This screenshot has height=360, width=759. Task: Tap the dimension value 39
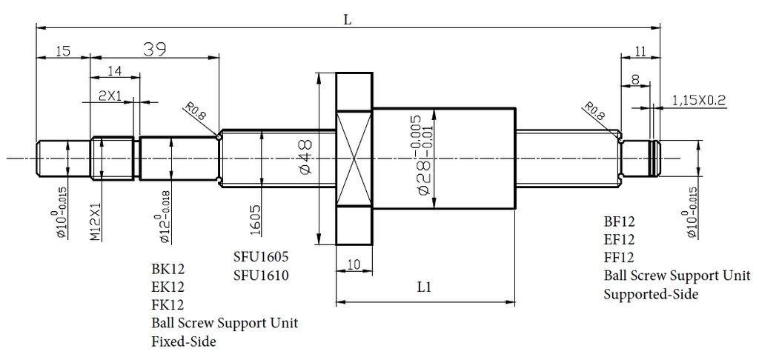coord(153,49)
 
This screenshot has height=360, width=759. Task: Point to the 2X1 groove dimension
coord(110,96)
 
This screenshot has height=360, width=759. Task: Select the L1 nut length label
coord(424,287)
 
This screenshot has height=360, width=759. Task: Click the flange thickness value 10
coord(354,264)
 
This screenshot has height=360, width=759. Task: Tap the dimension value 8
coord(635,78)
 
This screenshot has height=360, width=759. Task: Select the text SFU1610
coord(260,276)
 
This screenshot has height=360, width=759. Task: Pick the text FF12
coord(619,258)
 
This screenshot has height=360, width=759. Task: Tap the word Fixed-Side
coord(183,342)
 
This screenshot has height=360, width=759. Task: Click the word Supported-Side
coord(652,294)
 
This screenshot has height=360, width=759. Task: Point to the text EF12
coord(619,239)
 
